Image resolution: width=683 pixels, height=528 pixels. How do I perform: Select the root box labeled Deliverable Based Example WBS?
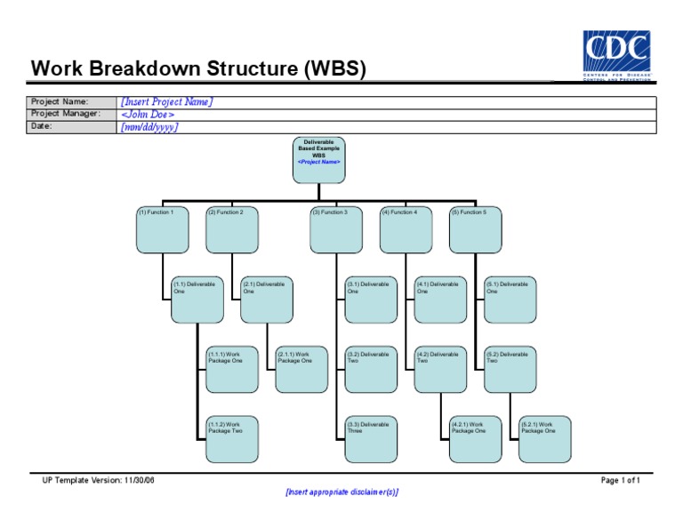(318, 160)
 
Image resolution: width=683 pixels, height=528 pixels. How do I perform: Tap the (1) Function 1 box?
(162, 229)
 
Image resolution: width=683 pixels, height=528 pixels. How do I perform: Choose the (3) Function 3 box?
(336, 229)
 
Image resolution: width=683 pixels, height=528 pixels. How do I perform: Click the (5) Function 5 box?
(475, 229)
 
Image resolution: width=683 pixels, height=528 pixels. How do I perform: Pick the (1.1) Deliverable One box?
(197, 300)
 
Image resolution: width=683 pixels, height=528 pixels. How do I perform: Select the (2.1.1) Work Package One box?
(301, 369)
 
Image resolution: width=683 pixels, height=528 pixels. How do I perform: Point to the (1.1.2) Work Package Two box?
(231, 439)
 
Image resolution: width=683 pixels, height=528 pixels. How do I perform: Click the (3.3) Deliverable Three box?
(371, 439)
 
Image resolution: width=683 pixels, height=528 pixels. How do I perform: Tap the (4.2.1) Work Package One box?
(475, 439)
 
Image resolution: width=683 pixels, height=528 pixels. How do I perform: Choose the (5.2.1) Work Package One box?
(544, 439)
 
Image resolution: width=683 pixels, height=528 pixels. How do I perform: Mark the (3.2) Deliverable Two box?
(371, 369)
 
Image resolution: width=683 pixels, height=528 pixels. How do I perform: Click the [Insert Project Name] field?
(166, 102)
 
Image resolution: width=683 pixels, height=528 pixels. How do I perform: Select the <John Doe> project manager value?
(148, 115)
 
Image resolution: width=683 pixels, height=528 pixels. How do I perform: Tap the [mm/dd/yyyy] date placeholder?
(149, 127)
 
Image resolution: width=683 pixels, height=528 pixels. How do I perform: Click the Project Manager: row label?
(66, 115)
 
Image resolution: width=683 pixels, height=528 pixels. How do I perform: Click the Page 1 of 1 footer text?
(620, 480)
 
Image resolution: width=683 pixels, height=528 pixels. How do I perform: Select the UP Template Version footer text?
(98, 480)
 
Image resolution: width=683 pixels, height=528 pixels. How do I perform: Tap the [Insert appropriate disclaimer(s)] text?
(341, 492)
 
